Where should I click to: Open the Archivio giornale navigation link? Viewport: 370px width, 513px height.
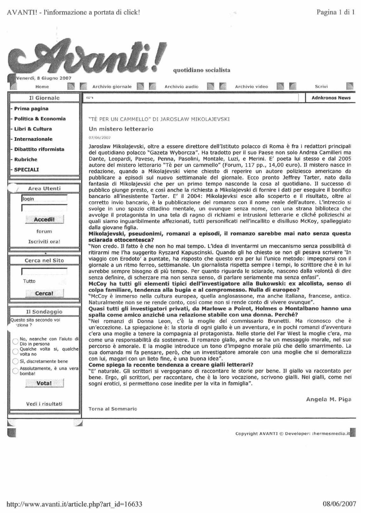tap(112, 86)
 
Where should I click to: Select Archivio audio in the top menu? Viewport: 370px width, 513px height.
tap(181, 86)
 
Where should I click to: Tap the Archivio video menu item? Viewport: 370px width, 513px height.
tap(251, 86)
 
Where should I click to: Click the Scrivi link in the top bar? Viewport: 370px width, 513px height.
tap(321, 86)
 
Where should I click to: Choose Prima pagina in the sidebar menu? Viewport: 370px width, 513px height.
tap(31, 109)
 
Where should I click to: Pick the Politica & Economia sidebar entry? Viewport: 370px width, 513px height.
tap(40, 119)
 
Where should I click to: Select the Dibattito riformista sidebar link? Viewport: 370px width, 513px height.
tap(39, 149)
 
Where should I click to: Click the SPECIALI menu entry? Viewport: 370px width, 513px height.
tap(26, 170)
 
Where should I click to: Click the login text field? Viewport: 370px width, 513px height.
tap(44, 199)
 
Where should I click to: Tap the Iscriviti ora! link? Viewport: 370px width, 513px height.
tap(44, 241)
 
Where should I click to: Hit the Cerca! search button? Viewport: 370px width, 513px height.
tap(44, 293)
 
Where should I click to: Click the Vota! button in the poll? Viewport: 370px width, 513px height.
tap(44, 383)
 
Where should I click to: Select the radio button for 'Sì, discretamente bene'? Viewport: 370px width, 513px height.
tap(15, 361)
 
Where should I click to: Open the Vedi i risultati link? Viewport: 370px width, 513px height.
tap(44, 404)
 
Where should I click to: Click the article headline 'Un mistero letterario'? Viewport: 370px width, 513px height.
tap(121, 129)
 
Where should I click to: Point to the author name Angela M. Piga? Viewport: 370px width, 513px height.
tap(328, 399)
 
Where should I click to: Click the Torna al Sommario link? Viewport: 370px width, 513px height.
tap(113, 409)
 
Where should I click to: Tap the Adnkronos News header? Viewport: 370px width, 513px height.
tap(331, 98)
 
